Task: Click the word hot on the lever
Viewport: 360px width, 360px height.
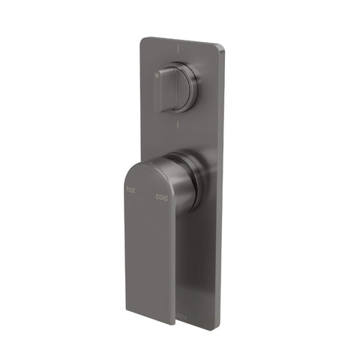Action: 132,190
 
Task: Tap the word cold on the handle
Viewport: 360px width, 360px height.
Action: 162,198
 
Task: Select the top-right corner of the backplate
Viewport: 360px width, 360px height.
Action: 223,49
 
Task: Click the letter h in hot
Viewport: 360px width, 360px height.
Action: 128,190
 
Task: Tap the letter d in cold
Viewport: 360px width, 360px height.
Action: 166,199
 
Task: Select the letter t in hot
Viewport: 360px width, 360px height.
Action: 136,191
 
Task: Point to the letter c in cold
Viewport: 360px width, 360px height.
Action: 157,197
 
